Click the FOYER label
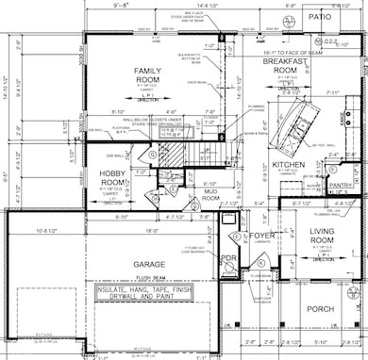click(x=260, y=225)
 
